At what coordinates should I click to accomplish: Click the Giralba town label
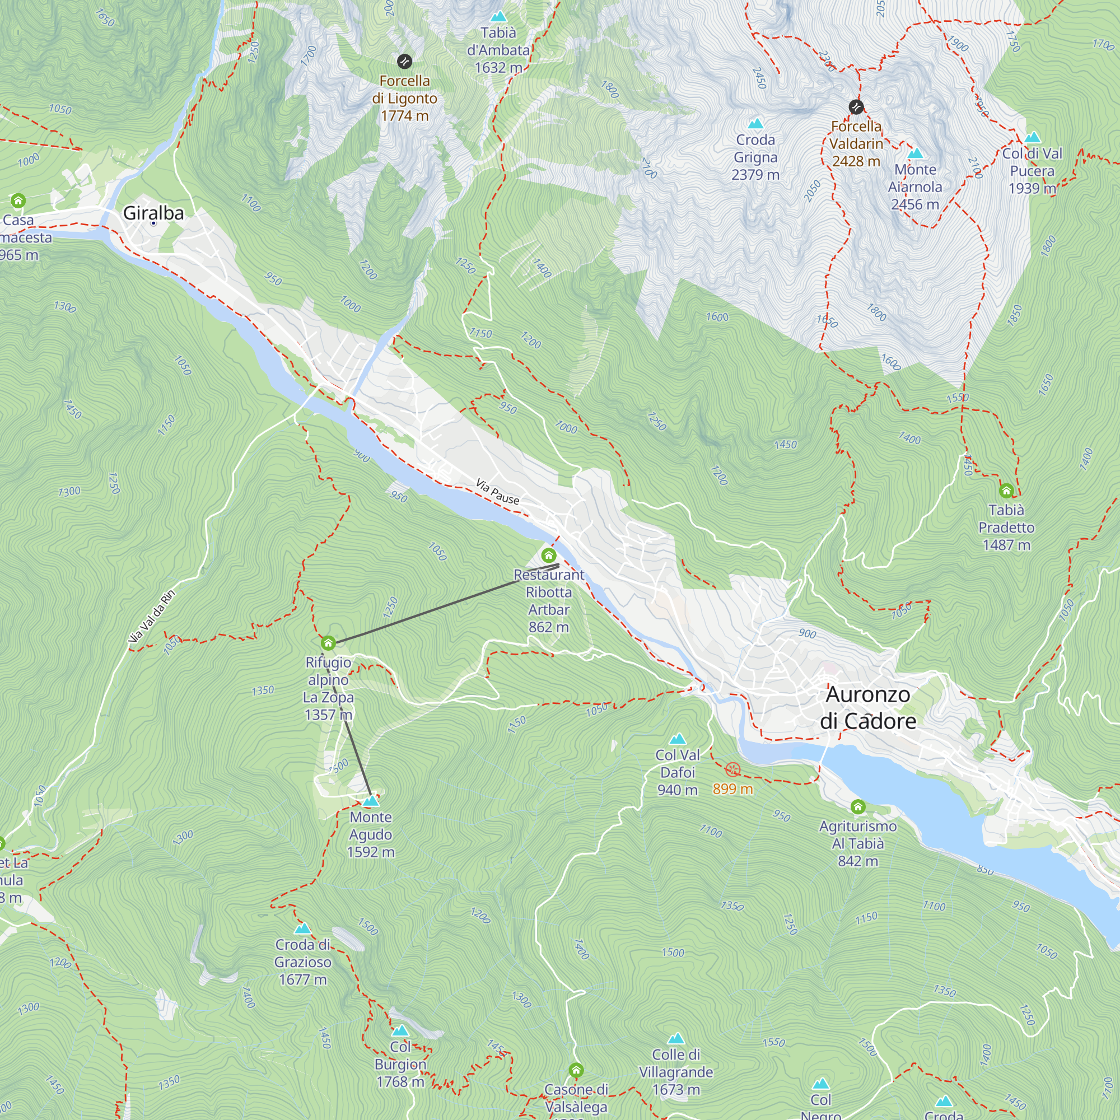point(153,213)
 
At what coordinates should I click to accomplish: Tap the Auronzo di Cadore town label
point(868,708)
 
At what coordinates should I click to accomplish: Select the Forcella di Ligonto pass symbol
point(405,61)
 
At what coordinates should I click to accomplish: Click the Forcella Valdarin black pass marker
point(856,106)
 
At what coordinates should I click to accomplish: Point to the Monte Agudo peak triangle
point(370,801)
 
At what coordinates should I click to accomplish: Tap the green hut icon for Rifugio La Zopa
point(328,643)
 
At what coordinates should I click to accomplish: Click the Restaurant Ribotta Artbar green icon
point(548,556)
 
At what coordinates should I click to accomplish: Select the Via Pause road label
point(497,491)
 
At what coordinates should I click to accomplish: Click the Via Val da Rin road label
point(151,616)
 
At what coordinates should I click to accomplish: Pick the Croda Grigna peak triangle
point(755,123)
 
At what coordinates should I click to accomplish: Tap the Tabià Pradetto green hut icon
point(1006,491)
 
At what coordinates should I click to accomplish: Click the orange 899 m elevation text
point(732,789)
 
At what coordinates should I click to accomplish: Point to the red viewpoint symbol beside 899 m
point(732,770)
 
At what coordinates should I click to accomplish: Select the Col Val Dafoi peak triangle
point(677,739)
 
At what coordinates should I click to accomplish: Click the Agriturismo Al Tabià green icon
point(858,806)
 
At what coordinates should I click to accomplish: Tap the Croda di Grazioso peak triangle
point(302,929)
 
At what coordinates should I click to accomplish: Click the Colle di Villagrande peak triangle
point(676,1039)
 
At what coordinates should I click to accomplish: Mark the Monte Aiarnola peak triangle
point(916,153)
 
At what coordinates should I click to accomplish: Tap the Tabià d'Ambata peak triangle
point(498,17)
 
